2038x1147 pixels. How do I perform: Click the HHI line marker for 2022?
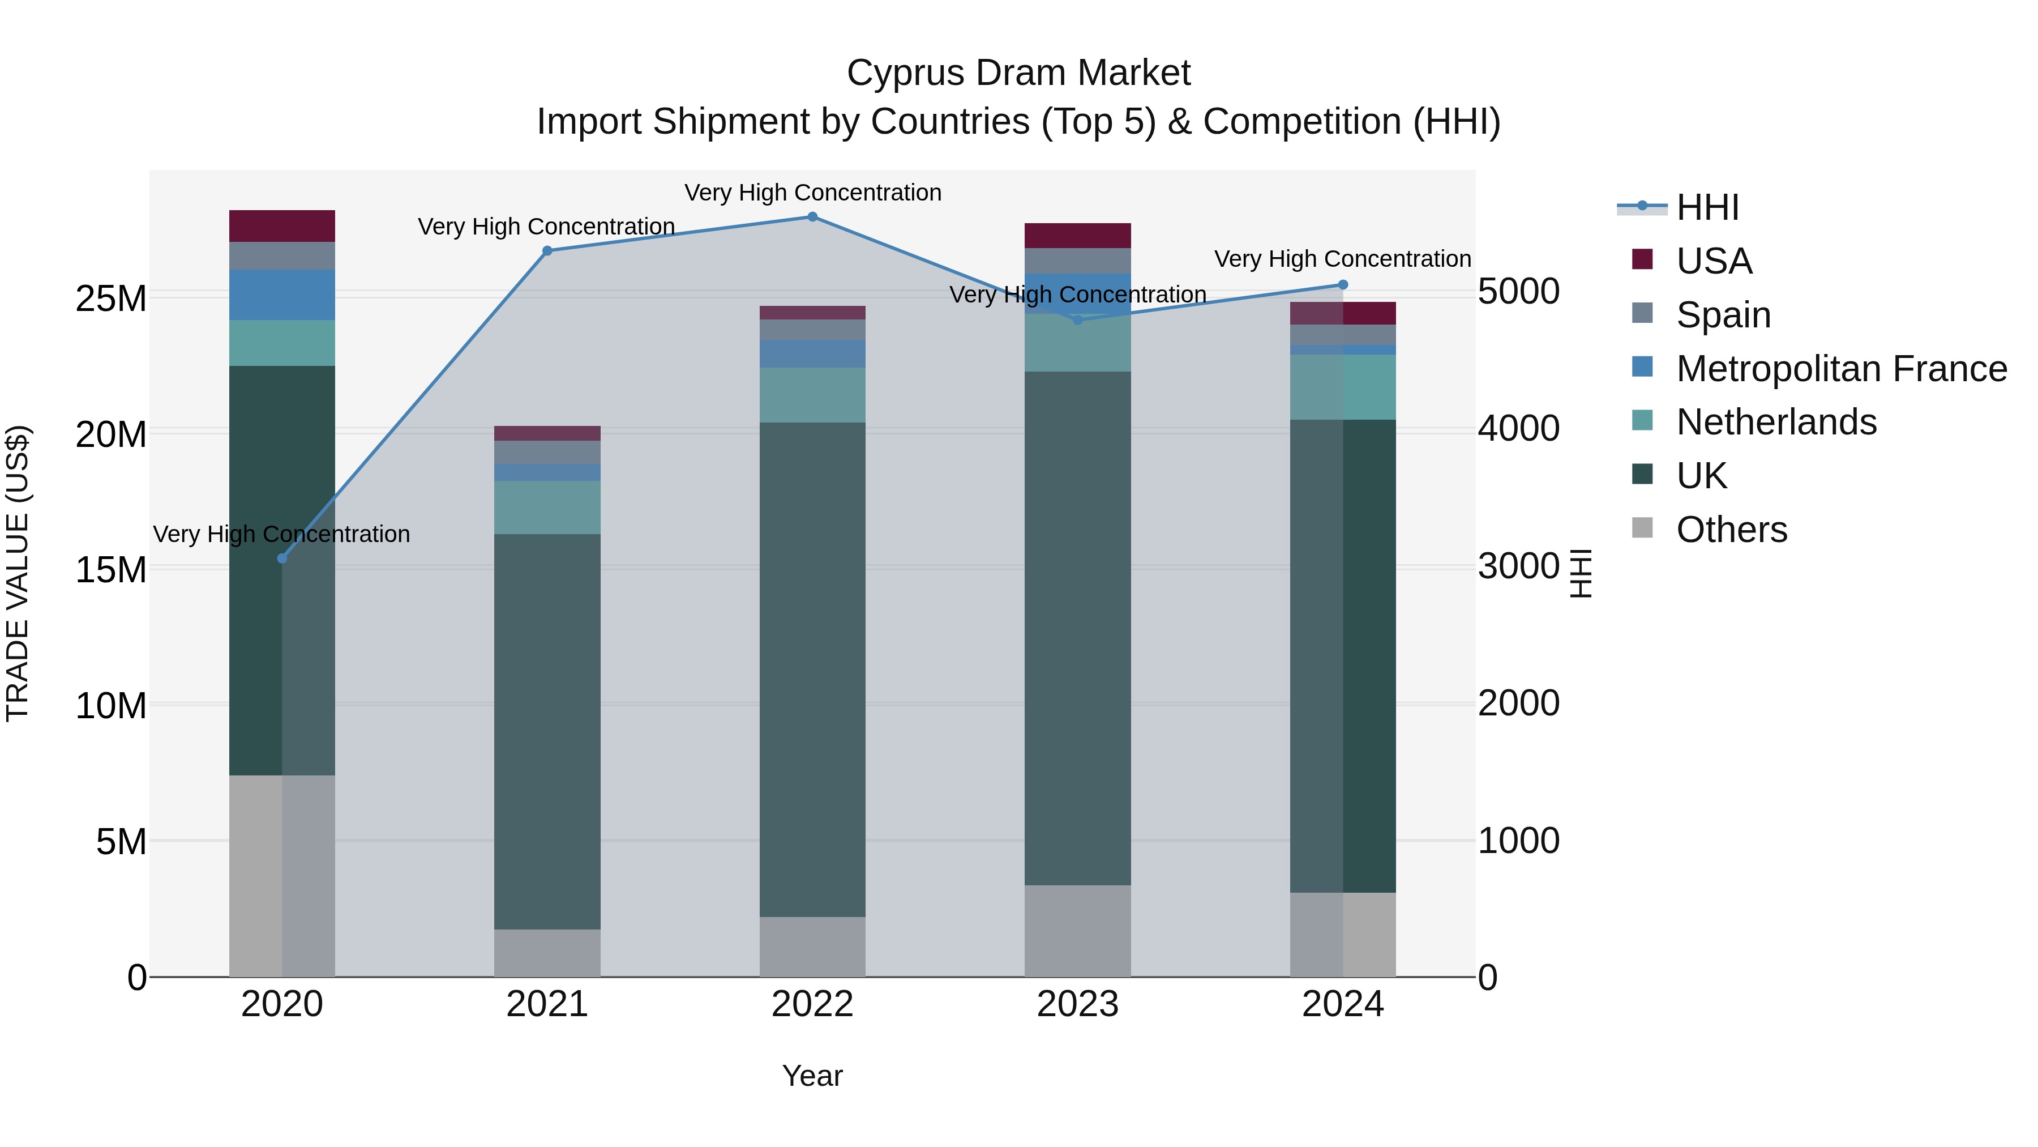pos(812,217)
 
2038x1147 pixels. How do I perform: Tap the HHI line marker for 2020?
pos(282,559)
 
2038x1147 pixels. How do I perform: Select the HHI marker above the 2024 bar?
pos(1343,285)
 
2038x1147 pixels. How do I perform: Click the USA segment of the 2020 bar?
pos(282,227)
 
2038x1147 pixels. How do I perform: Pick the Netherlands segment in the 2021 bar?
pos(547,508)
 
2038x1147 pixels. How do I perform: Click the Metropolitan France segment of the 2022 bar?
pos(812,354)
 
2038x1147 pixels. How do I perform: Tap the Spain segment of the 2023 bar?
pos(1077,261)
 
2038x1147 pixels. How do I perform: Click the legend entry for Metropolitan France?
pos(1841,369)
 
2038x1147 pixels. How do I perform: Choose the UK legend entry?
pos(1701,476)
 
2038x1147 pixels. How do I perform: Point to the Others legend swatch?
pos(1642,528)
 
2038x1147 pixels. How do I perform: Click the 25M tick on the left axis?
pos(111,299)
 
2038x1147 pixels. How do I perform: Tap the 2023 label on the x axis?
pos(1077,1004)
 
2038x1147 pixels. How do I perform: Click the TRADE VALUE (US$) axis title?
pos(18,573)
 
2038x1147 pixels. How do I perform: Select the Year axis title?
pos(812,1076)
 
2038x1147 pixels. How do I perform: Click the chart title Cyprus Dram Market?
pos(1018,73)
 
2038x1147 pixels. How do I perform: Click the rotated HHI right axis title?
pos(1580,573)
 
